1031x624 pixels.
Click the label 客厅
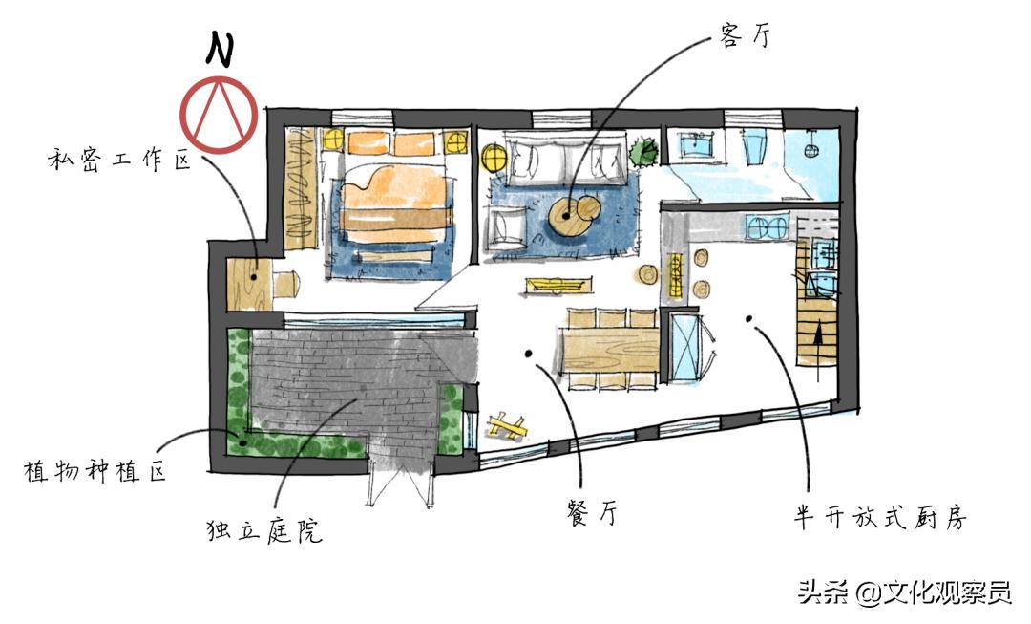coord(745,35)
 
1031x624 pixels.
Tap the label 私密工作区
coord(118,160)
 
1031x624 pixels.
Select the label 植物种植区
coord(95,471)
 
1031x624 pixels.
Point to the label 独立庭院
coord(263,528)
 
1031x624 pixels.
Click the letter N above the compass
coord(221,50)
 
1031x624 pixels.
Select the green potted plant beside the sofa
coord(642,152)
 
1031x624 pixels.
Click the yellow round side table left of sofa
coord(493,158)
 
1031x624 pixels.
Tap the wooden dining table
coord(608,349)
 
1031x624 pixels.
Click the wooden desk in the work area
coord(247,284)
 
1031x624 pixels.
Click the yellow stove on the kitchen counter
coord(675,274)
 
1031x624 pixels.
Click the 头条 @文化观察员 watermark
coord(905,592)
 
